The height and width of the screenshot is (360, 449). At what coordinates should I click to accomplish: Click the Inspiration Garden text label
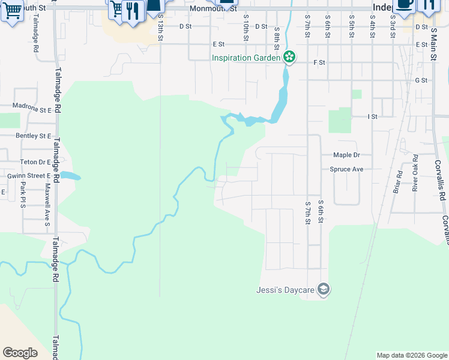tap(246, 58)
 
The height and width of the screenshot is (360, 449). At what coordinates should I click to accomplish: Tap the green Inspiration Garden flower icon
tap(289, 58)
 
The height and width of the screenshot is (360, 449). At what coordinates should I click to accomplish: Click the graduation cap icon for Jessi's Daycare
tap(324, 290)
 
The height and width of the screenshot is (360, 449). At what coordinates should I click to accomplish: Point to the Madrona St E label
tap(32, 110)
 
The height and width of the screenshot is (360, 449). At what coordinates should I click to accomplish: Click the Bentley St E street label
tap(34, 136)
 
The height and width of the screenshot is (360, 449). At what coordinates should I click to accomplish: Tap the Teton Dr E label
tap(35, 162)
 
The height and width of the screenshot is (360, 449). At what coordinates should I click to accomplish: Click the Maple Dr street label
tap(346, 155)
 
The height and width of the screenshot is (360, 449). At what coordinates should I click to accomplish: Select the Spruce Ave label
tap(346, 169)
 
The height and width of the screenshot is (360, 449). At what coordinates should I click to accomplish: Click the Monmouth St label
tap(213, 9)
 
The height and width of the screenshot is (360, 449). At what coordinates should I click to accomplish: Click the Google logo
tap(20, 353)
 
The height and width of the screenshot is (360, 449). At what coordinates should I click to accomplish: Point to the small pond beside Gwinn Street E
tap(70, 176)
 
